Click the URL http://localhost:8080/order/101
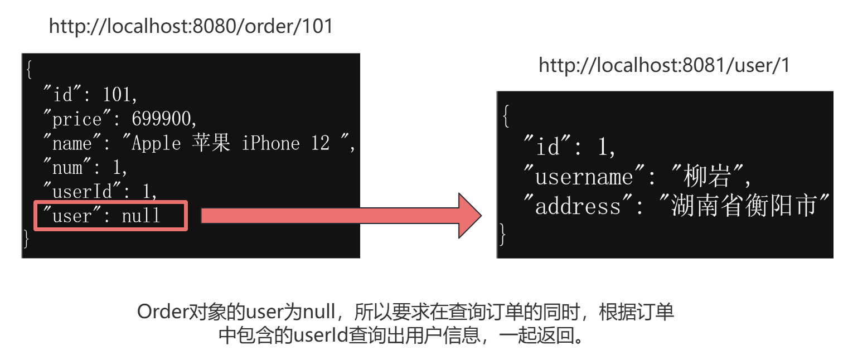pyautogui.click(x=191, y=26)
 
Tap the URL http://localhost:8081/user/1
pyautogui.click(x=664, y=66)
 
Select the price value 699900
pyautogui.click(x=164, y=119)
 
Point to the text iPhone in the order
pyautogui.click(x=270, y=143)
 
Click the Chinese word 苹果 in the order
pyautogui.click(x=211, y=143)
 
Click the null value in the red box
pyautogui.click(x=141, y=216)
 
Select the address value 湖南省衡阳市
pyautogui.click(x=744, y=206)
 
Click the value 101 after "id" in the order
pyautogui.click(x=117, y=95)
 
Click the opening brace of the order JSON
pyautogui.click(x=28, y=70)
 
